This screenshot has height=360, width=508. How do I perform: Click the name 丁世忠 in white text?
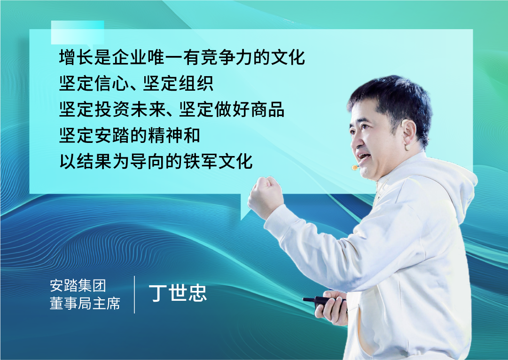[178, 293]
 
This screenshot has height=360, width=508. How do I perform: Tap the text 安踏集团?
[78, 285]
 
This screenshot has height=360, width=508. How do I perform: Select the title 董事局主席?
[85, 303]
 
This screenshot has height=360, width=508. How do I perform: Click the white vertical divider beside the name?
[134, 295]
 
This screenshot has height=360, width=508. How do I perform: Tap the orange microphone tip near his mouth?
[355, 167]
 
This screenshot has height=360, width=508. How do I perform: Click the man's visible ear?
[408, 134]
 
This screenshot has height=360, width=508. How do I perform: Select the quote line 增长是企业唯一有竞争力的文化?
[182, 57]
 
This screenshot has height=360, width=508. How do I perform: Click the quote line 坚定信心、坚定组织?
[136, 83]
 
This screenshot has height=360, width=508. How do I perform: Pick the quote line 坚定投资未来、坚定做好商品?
[172, 109]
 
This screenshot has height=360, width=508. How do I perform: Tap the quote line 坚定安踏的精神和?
[129, 135]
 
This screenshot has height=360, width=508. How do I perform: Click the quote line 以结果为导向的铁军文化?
[156, 161]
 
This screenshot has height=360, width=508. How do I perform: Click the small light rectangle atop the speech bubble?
[78, 32]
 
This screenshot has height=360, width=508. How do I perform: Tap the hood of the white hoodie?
[453, 181]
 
